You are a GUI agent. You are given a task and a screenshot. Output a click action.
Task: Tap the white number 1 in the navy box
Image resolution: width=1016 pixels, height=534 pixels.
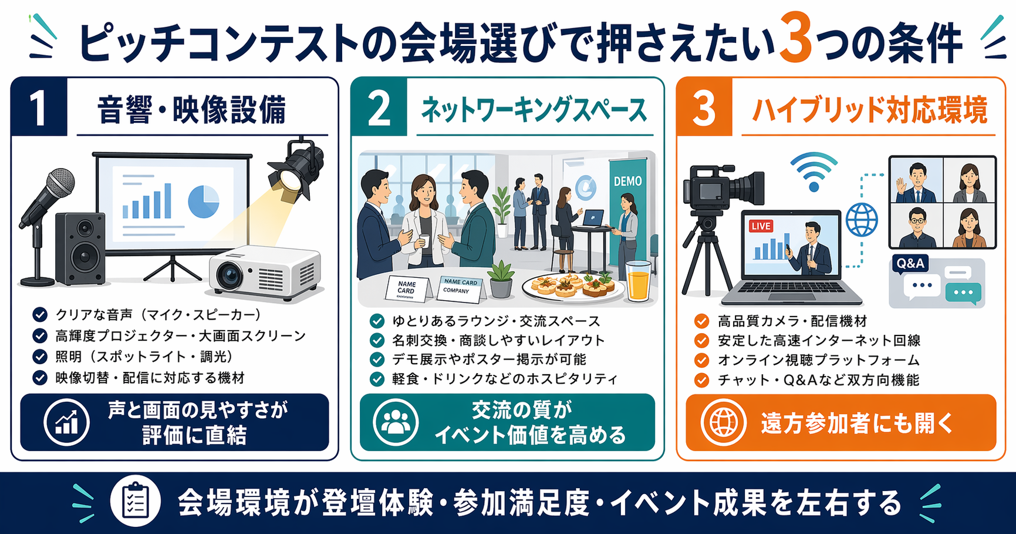click(38, 108)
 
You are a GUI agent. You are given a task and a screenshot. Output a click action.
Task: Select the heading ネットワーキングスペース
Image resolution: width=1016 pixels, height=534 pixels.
click(534, 110)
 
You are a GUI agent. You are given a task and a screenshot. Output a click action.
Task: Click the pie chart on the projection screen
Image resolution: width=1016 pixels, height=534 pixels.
click(203, 201)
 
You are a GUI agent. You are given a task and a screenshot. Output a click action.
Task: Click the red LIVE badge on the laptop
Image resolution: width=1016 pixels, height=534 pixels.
click(761, 226)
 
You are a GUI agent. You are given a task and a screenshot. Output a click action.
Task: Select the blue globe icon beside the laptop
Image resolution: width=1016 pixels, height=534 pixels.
click(861, 220)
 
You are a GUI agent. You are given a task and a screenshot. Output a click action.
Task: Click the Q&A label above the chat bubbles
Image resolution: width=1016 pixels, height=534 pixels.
click(910, 263)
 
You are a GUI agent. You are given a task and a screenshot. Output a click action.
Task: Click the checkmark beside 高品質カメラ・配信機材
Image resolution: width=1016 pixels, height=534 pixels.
click(701, 321)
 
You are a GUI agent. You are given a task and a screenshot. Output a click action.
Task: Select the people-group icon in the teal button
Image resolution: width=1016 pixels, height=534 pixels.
click(396, 422)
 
